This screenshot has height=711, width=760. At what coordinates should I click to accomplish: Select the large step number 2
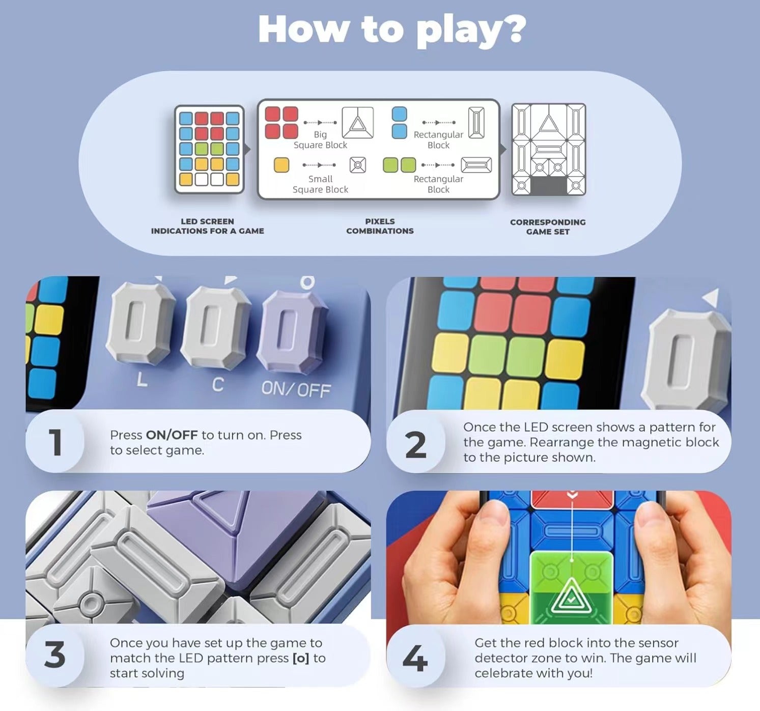(415, 445)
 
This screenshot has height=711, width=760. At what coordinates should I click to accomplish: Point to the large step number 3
(55, 655)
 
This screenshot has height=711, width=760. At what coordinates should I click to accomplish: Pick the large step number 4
(415, 658)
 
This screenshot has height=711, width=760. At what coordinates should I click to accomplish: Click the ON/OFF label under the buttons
(296, 389)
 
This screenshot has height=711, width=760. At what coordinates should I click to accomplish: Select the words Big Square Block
(320, 139)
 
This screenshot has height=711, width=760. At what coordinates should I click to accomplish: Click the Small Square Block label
(320, 184)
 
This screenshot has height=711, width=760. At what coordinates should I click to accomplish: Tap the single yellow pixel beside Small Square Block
(282, 165)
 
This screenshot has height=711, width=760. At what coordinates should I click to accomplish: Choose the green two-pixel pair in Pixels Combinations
(399, 165)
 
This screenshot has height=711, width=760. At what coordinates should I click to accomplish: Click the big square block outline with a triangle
(357, 123)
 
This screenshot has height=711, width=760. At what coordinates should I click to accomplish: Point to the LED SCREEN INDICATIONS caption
(207, 226)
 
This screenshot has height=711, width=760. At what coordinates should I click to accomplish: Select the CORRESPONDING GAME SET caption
(548, 227)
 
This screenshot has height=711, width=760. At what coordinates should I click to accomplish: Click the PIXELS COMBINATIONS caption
(380, 226)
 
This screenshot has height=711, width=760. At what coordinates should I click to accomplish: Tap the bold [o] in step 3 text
(301, 658)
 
